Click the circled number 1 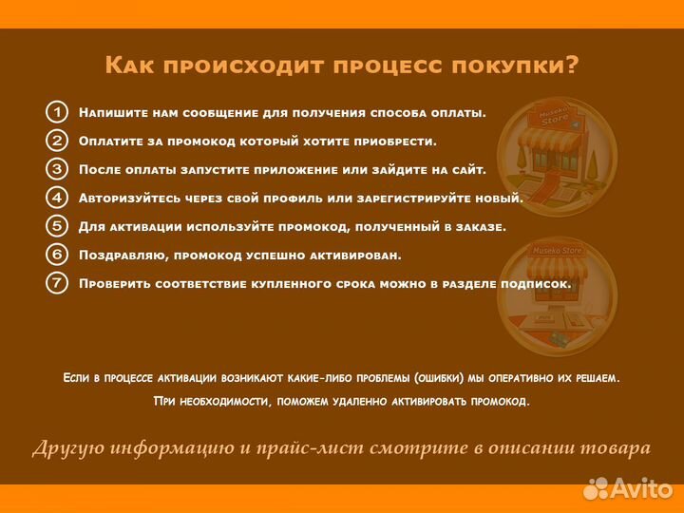pos(57,112)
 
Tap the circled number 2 pos(57,141)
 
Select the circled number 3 pos(57,169)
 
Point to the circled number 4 pos(57,198)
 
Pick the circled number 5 pos(57,226)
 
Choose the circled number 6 pos(57,255)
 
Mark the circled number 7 pos(57,283)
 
